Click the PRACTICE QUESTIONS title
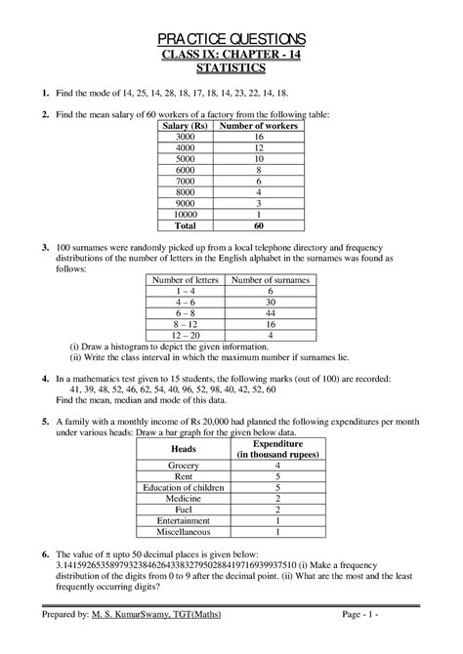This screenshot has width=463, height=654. pos(231,38)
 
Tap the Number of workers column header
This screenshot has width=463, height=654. pos(257,127)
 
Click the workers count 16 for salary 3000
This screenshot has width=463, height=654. pos(257,139)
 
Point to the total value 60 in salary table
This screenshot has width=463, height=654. pos(257,225)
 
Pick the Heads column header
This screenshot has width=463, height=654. pos(184,448)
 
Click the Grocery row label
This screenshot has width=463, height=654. pos(184,468)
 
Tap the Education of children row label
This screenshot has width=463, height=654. pos(184,489)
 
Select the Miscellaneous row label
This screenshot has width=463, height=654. pos(184,532)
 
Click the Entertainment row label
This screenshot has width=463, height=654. pos(184,521)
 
